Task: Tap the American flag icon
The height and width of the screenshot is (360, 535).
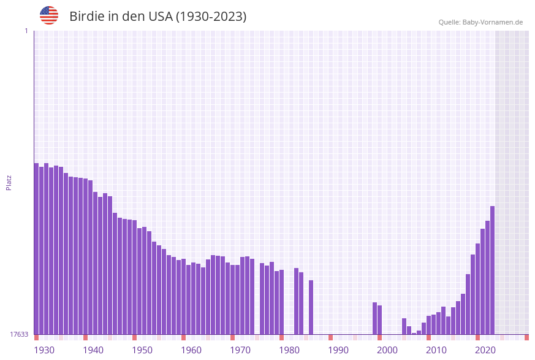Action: click(49, 15)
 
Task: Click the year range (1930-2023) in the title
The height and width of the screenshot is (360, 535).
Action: click(211, 17)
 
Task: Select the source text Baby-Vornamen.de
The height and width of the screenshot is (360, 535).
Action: click(493, 22)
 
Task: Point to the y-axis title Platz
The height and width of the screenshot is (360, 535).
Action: click(9, 182)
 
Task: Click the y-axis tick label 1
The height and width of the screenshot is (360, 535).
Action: click(26, 31)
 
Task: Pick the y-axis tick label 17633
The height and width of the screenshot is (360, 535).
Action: click(18, 334)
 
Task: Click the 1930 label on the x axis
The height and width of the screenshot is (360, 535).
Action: click(44, 350)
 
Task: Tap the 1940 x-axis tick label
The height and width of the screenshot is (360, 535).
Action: click(93, 350)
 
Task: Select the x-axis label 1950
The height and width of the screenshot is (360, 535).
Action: click(142, 350)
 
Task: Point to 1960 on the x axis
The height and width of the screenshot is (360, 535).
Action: click(191, 350)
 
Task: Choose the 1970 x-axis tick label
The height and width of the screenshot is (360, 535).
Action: click(240, 350)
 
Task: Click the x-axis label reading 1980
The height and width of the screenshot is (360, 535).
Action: click(289, 350)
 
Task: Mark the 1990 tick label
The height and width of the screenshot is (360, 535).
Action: click(338, 350)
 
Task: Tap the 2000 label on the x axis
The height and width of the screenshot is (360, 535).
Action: click(387, 350)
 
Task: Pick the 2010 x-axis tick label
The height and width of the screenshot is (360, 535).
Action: click(436, 350)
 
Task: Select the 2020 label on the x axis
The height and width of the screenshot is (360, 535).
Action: click(485, 350)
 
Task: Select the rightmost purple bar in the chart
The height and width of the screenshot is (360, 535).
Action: click(492, 270)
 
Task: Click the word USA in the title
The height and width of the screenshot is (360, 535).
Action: click(160, 17)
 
